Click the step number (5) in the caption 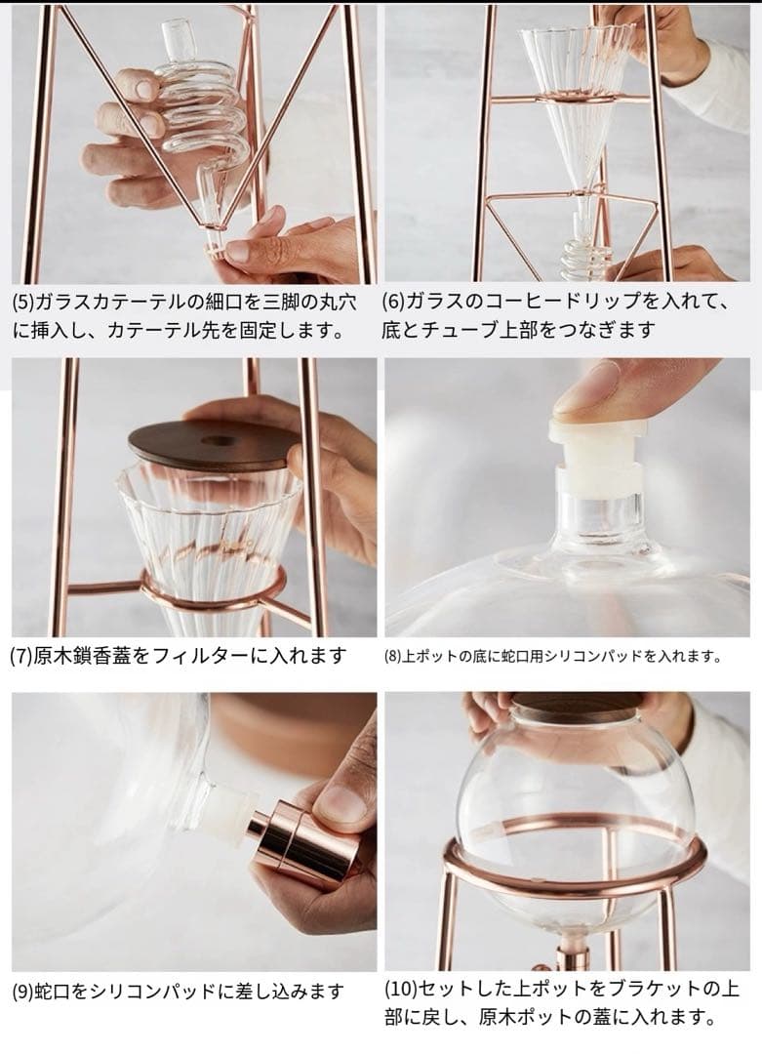(23, 302)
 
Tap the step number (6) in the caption (393, 301)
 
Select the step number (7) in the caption (21, 656)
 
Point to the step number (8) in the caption (392, 657)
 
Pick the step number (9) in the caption (23, 992)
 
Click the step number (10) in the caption (400, 989)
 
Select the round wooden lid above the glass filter (215, 446)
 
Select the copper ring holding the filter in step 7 (214, 590)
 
